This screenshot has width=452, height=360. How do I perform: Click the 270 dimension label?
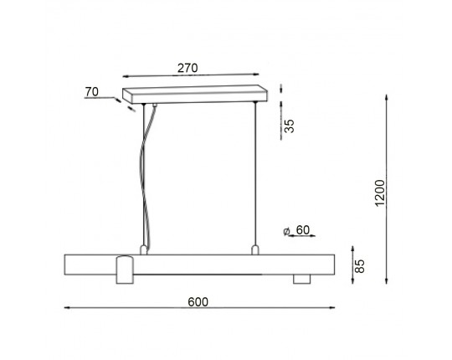187,68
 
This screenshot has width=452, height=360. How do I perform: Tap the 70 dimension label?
92,92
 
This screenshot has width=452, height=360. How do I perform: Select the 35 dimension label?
289,126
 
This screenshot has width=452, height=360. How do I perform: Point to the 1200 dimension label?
380,193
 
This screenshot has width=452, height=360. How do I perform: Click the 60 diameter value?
303,230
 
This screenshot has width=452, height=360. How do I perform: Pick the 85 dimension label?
359,266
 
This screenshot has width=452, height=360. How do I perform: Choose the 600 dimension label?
198,301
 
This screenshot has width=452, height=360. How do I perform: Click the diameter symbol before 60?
287,231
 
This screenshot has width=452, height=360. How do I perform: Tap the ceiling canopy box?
195,95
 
